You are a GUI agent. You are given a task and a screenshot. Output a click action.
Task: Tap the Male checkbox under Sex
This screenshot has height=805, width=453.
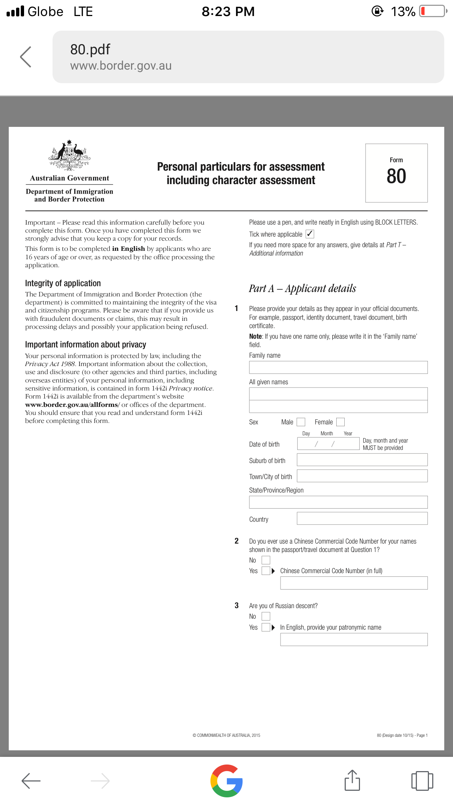click(301, 422)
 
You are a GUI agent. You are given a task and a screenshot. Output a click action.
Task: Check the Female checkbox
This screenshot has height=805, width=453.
click(340, 422)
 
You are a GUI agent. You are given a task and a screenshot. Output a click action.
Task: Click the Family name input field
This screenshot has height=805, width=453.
click(338, 367)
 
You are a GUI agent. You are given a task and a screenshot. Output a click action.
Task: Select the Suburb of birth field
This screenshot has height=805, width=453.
click(362, 460)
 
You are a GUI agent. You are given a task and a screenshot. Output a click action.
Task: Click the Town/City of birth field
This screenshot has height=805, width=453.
click(362, 476)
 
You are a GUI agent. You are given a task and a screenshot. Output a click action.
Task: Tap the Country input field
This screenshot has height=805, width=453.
click(362, 518)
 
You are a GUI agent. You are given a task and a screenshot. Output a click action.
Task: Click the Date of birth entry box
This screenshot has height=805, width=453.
click(328, 443)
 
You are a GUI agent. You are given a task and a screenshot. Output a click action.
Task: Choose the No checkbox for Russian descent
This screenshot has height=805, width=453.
click(266, 616)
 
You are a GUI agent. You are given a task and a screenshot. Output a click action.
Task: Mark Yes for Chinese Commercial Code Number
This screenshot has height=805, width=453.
click(266, 571)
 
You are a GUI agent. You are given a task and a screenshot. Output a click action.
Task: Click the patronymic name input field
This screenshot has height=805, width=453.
click(354, 639)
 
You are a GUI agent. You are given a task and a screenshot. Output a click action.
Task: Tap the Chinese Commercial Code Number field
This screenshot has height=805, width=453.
click(354, 583)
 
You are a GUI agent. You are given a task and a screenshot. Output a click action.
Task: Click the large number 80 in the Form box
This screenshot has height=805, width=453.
click(396, 176)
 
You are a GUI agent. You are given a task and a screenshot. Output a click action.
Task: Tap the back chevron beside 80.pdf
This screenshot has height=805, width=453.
click(26, 57)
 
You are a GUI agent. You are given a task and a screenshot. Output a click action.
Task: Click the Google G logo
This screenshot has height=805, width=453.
click(226, 781)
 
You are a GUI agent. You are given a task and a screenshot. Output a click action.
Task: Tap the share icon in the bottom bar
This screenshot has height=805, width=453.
click(352, 781)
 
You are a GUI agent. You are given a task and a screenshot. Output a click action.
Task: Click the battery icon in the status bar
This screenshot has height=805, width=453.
click(433, 11)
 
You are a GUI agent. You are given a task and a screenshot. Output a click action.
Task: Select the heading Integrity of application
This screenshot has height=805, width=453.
click(63, 283)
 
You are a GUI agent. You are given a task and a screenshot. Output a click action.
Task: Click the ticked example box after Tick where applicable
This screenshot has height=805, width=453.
click(310, 234)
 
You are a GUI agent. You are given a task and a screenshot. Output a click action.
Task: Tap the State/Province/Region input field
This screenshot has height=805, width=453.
click(338, 502)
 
